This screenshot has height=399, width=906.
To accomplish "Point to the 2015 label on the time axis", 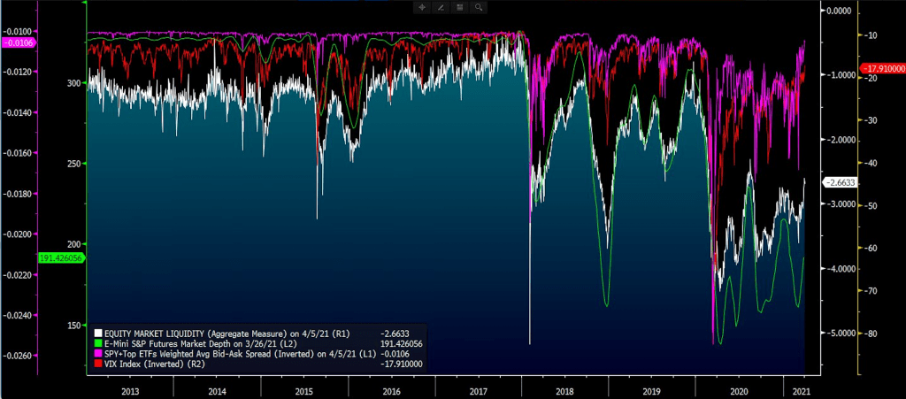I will (x=303, y=389).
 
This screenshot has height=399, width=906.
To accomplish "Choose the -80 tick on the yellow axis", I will (x=871, y=334).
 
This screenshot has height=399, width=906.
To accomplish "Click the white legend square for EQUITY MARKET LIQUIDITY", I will (x=98, y=334).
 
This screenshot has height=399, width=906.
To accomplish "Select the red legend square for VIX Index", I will (x=98, y=364).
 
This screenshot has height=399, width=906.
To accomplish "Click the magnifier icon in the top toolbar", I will (x=479, y=7).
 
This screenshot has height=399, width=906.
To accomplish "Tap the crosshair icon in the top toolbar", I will (x=422, y=7).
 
